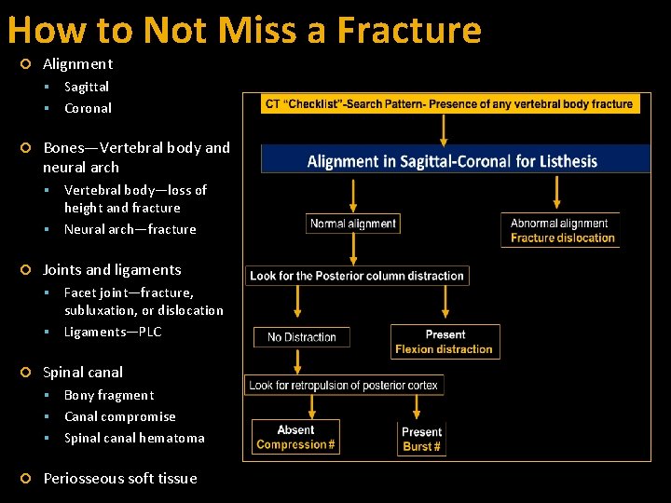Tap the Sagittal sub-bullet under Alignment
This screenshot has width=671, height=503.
point(87,86)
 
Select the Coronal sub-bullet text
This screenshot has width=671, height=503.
point(88,108)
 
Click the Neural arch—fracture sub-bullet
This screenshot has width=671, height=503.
point(130,229)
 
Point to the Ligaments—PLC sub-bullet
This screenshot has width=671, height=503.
point(113,332)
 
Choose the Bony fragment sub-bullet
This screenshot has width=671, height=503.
point(109,395)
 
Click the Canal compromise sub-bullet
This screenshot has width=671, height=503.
point(119,416)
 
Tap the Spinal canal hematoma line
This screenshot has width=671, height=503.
point(134,438)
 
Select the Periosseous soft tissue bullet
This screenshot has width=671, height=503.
point(120,478)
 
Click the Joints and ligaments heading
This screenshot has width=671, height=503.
point(112,269)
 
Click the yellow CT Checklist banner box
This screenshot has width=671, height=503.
point(449,103)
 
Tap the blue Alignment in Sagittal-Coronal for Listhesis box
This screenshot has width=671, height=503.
point(455,160)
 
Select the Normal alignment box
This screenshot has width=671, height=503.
point(353,224)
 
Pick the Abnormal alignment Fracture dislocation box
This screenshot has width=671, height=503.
point(560,230)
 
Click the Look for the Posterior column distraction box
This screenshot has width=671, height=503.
point(357,276)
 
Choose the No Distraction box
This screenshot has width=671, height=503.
point(302,337)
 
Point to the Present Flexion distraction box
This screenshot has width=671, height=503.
point(445,342)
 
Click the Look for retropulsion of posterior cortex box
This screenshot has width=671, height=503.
point(344,385)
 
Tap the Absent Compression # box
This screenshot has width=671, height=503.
point(295,437)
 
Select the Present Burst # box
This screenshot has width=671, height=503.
point(421,439)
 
